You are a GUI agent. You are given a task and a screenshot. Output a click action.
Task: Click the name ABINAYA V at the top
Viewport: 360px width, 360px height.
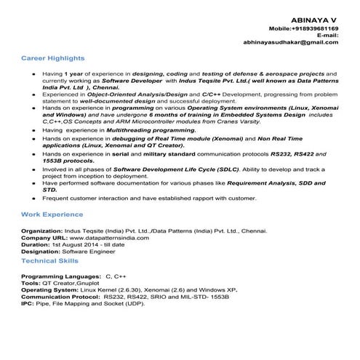[313, 16]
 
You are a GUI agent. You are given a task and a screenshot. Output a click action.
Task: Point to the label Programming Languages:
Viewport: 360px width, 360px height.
[61, 278]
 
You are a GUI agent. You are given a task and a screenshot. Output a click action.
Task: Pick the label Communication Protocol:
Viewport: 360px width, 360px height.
[61, 297]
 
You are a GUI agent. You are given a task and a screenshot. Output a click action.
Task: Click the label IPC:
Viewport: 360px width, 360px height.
[28, 303]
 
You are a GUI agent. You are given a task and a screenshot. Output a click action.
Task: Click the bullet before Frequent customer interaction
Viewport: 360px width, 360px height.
[33, 199]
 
